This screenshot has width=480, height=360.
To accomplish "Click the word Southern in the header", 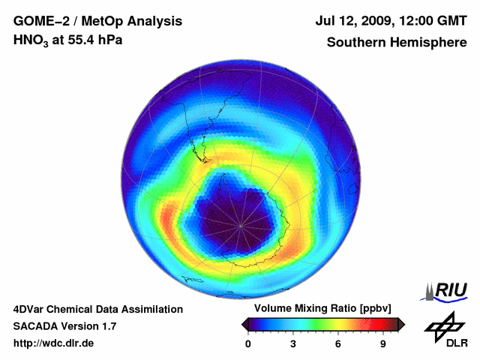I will tap(352, 42).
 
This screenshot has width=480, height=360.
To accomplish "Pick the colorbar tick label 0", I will tap(248, 344).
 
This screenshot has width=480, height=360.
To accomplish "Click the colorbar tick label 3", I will tap(293, 344).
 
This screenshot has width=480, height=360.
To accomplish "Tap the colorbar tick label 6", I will tap(338, 344).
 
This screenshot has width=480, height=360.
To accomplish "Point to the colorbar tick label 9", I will tap(382, 344).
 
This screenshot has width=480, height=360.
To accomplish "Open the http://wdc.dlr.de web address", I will tap(54, 343).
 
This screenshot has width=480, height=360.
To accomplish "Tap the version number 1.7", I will tap(107, 326).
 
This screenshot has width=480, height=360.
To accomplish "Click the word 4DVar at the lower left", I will tap(31, 309).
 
